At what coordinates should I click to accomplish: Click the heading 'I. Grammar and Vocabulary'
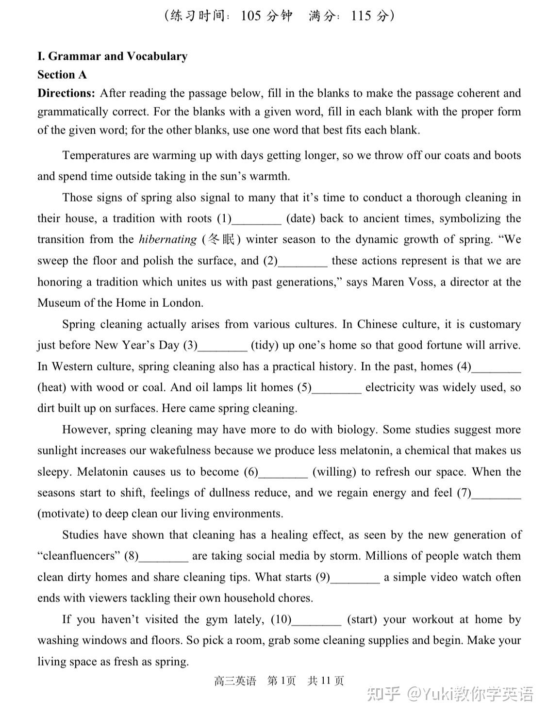coord(112,56)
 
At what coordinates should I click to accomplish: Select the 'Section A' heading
coord(62,75)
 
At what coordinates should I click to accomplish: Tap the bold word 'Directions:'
coord(66,93)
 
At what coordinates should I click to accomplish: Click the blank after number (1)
coord(257,219)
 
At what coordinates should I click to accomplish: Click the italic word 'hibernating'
coord(167,239)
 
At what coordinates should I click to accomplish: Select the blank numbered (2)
coord(303,262)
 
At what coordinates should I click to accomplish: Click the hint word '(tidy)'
coord(265,345)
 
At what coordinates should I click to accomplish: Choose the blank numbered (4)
coord(496,367)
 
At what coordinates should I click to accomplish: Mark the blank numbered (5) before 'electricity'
coord(337,388)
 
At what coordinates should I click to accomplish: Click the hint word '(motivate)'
coord(63,514)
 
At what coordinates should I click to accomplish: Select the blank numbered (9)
coord(355,578)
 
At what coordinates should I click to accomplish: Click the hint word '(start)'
coord(362,619)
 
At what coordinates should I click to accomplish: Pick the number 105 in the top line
coord(251,16)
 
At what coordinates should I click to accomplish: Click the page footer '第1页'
coord(281,681)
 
